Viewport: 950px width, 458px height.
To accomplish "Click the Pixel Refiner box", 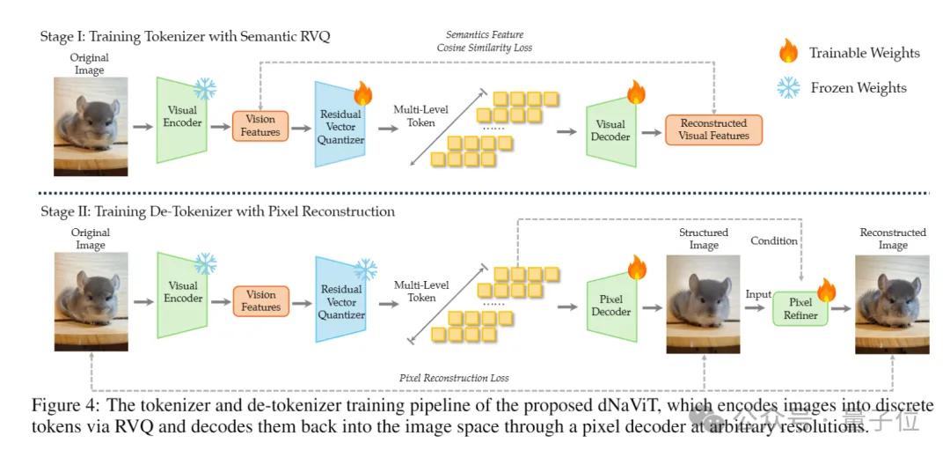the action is point(800,308).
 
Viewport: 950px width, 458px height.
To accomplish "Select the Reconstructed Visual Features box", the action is point(713,129).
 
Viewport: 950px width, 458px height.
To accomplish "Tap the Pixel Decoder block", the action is point(611,306).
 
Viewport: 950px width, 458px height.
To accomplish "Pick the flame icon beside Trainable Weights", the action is point(788,52).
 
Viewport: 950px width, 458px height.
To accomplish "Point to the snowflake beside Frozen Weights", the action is point(788,88).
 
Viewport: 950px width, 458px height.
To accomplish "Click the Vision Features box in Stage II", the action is point(260,301).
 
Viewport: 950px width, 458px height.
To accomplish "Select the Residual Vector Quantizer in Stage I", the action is point(340,124).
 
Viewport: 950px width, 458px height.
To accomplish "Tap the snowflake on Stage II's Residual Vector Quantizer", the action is point(365,270).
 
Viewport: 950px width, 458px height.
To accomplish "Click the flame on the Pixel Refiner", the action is point(826,290).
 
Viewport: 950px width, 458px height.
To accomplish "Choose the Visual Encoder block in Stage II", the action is point(182,298).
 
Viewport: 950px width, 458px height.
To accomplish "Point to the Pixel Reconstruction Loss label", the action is point(454,378).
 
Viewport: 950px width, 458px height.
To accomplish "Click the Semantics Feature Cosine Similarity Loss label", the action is point(485,41).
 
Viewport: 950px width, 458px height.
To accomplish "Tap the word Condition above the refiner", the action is point(774,240).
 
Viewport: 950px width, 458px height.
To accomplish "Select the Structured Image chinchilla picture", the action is point(703,304).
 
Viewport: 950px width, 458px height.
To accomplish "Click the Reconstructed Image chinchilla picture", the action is point(892,304).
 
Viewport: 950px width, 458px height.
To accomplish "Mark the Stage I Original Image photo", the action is point(91,126).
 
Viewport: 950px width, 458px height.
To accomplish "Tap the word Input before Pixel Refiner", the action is point(758,294).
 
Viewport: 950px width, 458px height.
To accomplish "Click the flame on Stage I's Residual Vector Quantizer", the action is point(363,93).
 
